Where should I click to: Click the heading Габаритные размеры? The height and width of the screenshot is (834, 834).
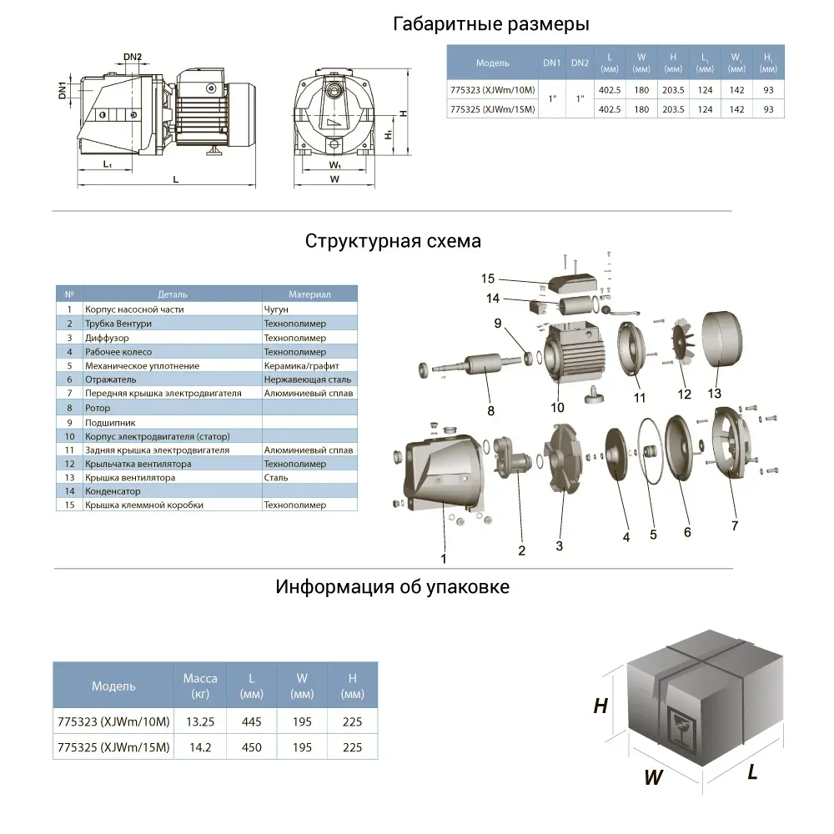pos(490,24)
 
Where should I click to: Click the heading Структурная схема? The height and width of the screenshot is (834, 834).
pos(393,242)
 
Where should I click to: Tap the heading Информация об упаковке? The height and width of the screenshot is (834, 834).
pos(392,587)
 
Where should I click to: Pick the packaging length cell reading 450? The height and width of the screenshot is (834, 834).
pos(251,747)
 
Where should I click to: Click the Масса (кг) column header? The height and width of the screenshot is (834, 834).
pos(200,686)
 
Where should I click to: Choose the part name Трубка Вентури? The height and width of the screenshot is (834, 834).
pos(118,324)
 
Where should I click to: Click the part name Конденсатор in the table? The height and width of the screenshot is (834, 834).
pos(113,491)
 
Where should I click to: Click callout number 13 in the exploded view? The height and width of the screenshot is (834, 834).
pos(715,393)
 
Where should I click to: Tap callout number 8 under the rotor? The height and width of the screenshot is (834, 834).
pos(490,410)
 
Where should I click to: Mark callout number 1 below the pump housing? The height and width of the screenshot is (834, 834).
pos(444,559)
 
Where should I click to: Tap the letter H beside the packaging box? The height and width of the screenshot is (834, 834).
pos(600,706)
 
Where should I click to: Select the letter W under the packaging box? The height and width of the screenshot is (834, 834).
pos(654,778)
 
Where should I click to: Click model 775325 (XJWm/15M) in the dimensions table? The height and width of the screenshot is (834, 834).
pos(491,109)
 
